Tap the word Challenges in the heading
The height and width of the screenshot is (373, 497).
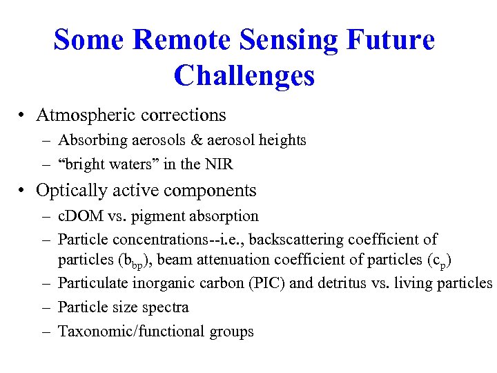[244, 75]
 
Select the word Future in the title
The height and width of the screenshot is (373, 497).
[391, 40]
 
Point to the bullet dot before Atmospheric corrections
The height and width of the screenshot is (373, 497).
[23, 115]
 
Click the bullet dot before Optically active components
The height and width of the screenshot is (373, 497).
[23, 191]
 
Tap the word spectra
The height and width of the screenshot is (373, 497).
[165, 307]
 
